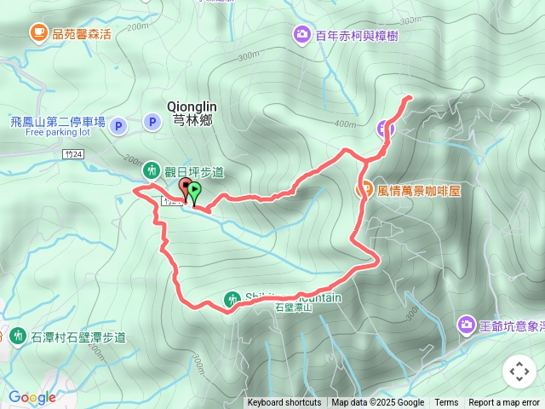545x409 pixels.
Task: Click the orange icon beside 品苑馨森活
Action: coord(38,32)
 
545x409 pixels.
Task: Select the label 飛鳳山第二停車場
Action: coord(58,122)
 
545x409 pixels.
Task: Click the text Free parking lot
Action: coord(58,133)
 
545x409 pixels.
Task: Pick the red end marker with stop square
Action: coord(186,186)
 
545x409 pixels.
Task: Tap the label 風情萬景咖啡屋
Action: coord(418,191)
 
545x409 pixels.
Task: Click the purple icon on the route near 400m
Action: coord(386,129)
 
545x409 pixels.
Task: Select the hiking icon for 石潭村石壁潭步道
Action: coord(19,337)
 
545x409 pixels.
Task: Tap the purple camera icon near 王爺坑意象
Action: coord(466,325)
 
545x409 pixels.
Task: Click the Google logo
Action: coord(32,397)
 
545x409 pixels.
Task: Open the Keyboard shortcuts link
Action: coord(284,403)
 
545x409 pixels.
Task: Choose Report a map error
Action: coord(504,403)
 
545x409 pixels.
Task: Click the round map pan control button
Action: coord(519,372)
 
